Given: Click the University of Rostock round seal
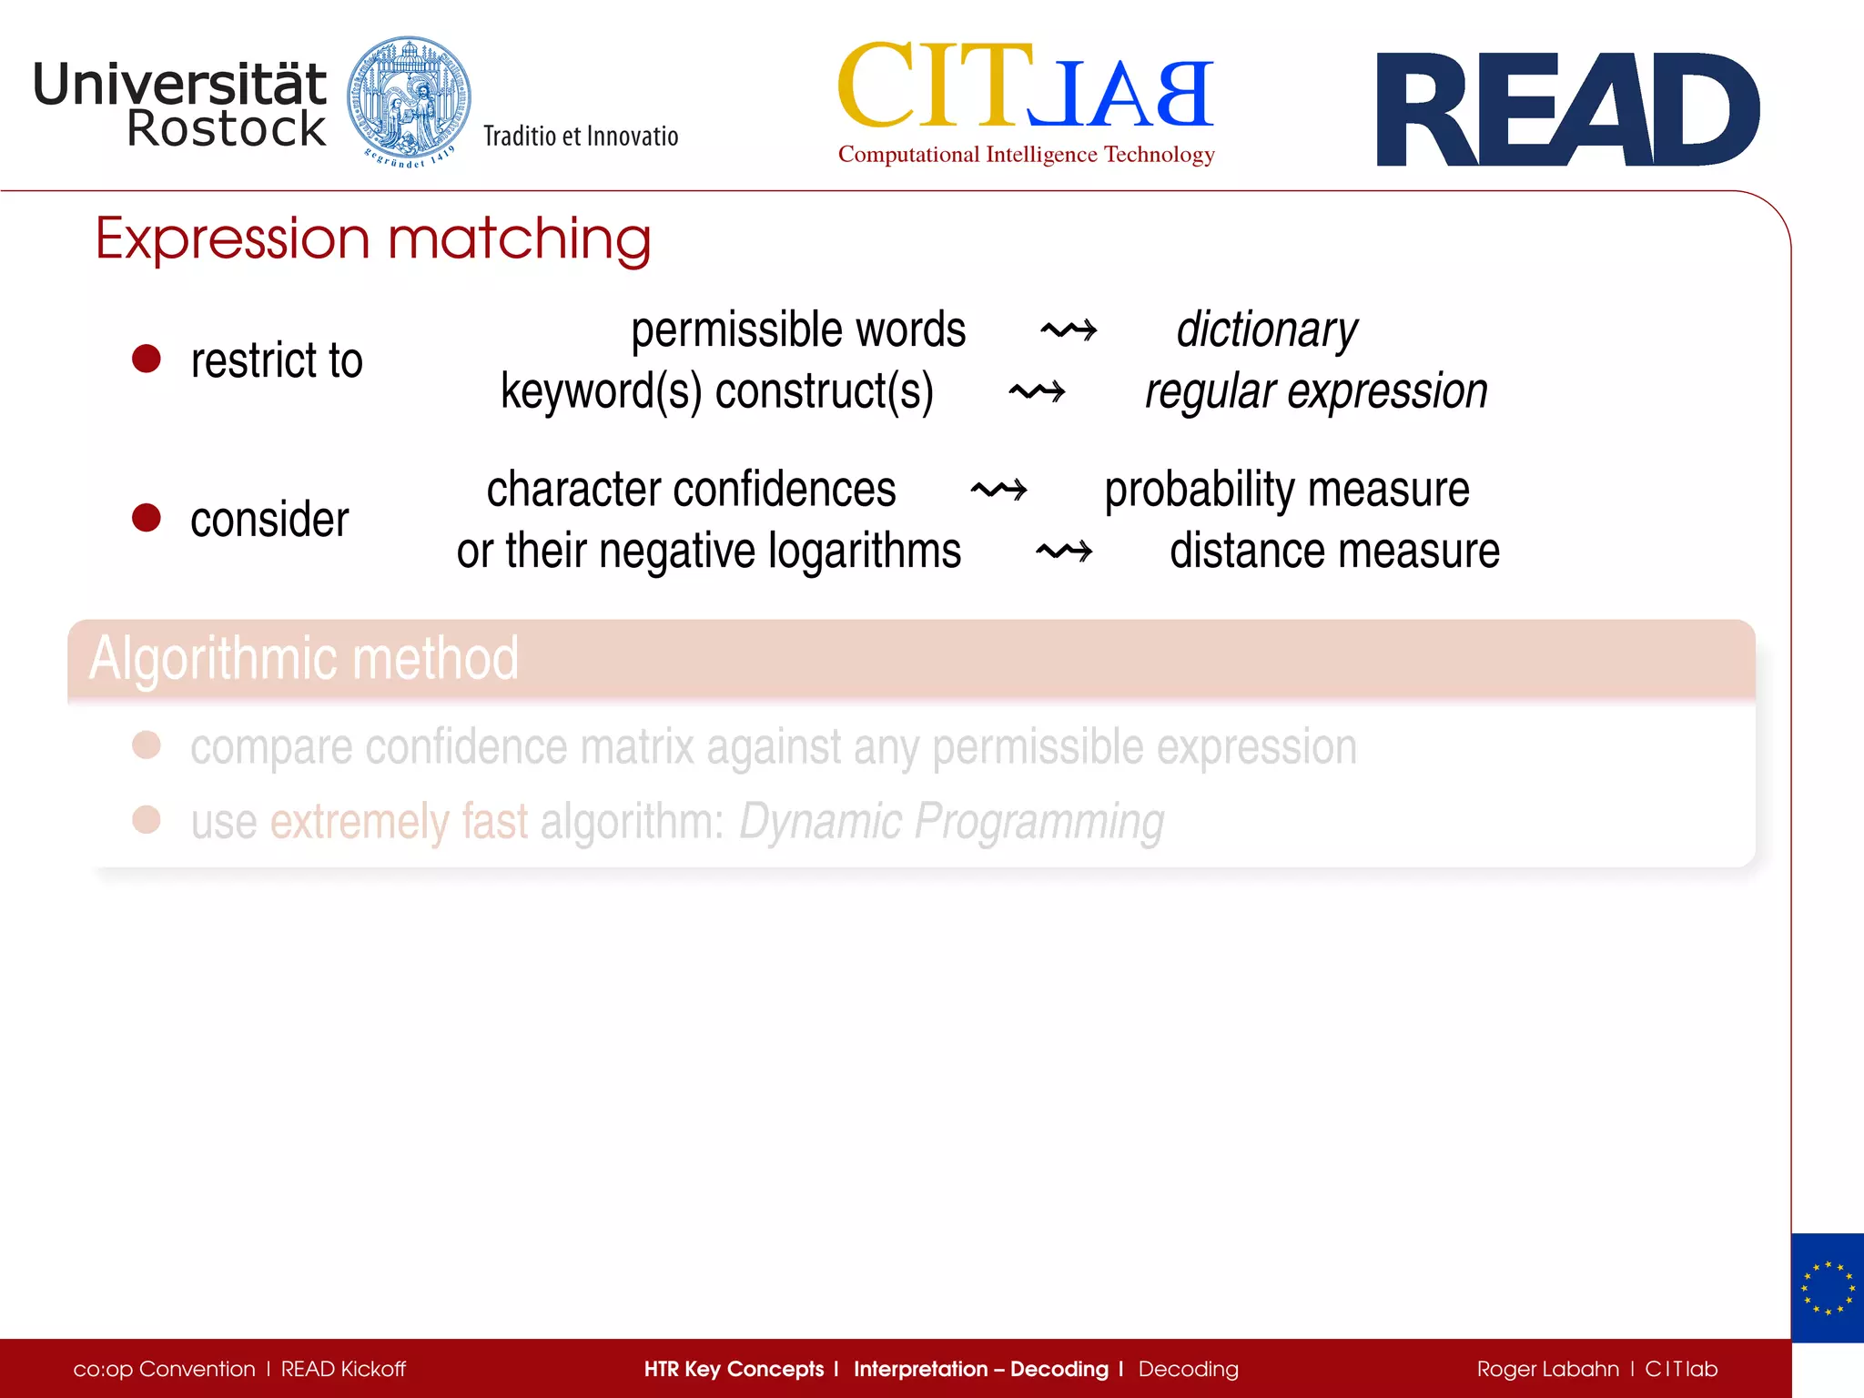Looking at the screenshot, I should tap(409, 102).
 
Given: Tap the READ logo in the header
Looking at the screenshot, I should tap(1567, 110).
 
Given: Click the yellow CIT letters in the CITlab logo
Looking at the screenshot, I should tap(935, 86).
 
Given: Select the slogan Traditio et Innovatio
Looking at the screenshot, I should tap(581, 137).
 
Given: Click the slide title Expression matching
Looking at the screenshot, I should tap(373, 239).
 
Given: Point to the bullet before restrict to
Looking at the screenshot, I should tap(147, 359).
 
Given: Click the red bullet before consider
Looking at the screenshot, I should tap(147, 518).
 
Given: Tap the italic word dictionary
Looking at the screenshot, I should tap(1266, 329).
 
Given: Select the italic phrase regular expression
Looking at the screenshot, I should tap(1316, 391).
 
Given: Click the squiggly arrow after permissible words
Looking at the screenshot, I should tap(1069, 329).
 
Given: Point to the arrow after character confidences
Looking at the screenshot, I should tap(998, 490).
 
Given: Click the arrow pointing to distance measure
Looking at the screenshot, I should tap(1064, 552).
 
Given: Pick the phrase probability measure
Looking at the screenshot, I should tap(1286, 490).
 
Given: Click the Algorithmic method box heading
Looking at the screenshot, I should tap(304, 659).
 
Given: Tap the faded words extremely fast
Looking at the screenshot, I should tap(399, 821).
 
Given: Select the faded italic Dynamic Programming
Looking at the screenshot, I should tap(951, 821).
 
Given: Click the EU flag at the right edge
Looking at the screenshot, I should tap(1827, 1288).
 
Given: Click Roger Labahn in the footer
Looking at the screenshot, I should tap(1547, 1369).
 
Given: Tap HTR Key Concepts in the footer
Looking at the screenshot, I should tap(734, 1369).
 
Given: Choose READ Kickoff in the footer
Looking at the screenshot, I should tap(343, 1369).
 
